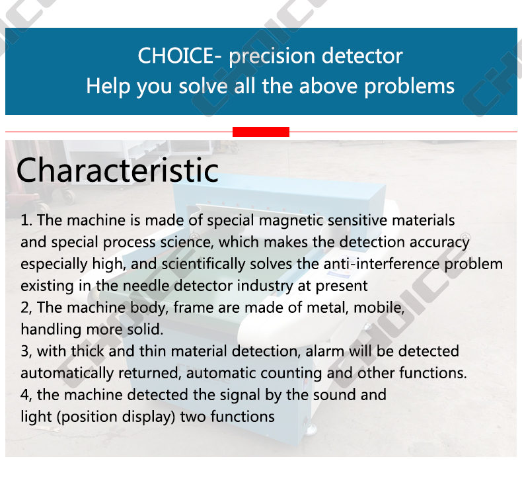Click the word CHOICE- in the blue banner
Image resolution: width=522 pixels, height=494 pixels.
[x=180, y=56]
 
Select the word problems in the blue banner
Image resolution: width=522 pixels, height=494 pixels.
[x=410, y=87]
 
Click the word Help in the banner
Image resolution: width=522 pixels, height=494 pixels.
[x=108, y=86]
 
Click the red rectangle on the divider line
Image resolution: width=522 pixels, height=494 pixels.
[x=261, y=132]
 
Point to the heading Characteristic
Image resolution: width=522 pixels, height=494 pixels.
[x=118, y=170]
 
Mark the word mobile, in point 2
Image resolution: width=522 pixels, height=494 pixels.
[x=379, y=308]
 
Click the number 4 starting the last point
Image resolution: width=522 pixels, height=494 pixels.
[x=24, y=395]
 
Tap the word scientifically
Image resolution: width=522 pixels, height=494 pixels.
[x=204, y=265]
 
